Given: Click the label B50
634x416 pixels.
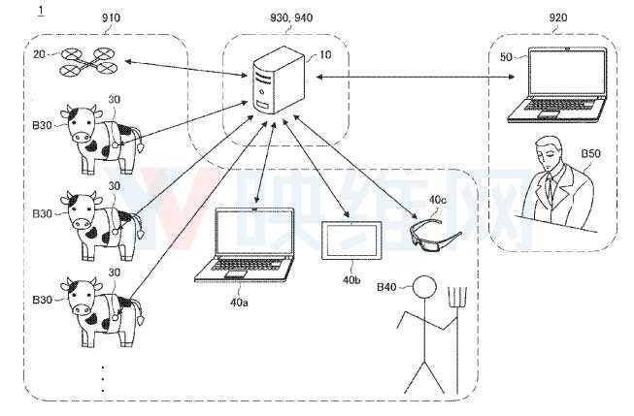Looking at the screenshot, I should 591,154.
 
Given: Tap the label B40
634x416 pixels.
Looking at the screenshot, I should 387,288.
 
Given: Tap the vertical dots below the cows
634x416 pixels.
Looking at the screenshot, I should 103,378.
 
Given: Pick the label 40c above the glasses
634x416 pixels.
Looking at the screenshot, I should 439,200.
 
